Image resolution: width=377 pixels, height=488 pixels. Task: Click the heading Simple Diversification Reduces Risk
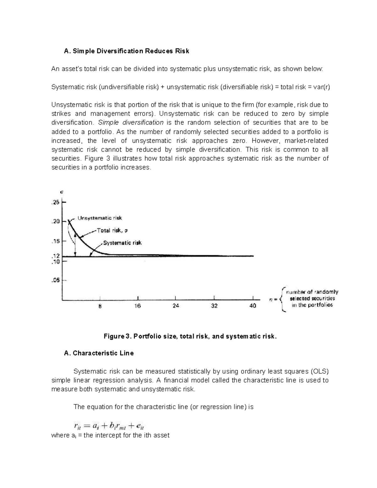pos(126,51)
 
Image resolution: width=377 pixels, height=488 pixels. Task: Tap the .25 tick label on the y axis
pos(55,203)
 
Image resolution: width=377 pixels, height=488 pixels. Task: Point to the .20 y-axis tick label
pos(55,222)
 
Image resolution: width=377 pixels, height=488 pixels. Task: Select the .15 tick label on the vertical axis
pos(55,241)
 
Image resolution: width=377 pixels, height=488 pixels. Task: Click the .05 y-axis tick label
pos(55,280)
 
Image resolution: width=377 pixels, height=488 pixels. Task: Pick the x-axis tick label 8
pos(100,306)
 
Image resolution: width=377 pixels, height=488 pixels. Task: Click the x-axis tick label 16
pos(138,306)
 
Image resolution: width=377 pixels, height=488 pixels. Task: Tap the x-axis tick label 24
pos(176,306)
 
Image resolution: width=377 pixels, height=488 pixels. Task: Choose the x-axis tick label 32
pos(214,306)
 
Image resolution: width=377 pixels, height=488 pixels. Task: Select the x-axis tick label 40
pos(253,306)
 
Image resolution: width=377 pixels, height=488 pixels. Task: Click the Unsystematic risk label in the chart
pos(100,218)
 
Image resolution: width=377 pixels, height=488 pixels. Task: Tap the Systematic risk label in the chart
pos(122,243)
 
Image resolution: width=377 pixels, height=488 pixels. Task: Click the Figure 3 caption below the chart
pos(191,337)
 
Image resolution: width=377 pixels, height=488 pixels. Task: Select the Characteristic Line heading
pos(99,353)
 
